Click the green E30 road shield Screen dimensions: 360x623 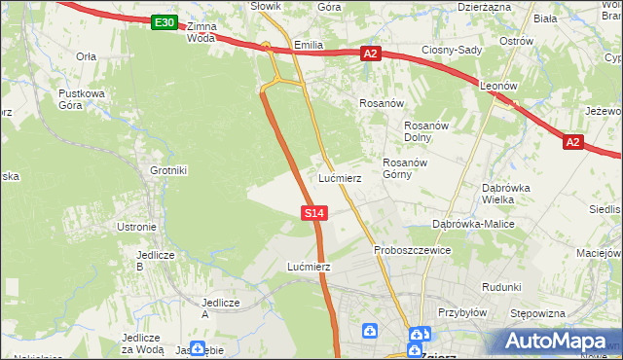(x=165, y=22)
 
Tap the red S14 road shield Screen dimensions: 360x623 (x=313, y=212)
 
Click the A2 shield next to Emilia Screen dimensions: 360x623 (x=370, y=54)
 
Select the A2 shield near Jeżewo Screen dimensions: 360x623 (x=572, y=142)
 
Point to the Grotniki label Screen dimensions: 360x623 (x=168, y=170)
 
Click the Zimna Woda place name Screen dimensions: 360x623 (x=200, y=32)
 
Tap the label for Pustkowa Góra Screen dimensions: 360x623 (x=81, y=99)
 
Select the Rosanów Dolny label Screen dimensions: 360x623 (x=424, y=131)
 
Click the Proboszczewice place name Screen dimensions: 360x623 (x=413, y=250)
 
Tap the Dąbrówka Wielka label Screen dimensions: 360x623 (x=505, y=194)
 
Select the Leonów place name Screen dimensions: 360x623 (x=498, y=86)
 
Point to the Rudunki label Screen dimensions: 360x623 (x=501, y=287)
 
